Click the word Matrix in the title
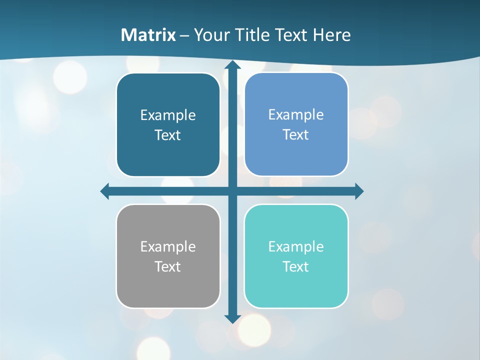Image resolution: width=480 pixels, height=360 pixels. coord(148,35)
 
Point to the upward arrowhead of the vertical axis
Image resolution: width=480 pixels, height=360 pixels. coord(232,65)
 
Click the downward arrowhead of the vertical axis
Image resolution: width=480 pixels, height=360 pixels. coord(232,318)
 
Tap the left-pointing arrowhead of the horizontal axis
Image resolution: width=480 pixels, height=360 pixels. coord(105,191)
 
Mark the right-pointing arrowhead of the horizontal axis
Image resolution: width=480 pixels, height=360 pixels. coord(359,191)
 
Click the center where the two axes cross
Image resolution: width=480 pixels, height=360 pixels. coord(232,191)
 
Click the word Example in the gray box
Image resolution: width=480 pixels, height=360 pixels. coord(168,246)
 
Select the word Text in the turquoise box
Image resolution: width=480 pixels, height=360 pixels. coord(296,266)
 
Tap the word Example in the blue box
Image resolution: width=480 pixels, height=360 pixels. coord(296,114)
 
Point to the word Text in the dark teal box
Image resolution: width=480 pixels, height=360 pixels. coord(168,135)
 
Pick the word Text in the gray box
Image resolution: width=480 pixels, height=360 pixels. coord(168,266)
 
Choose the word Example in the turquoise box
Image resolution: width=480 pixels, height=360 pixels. coord(296,246)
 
